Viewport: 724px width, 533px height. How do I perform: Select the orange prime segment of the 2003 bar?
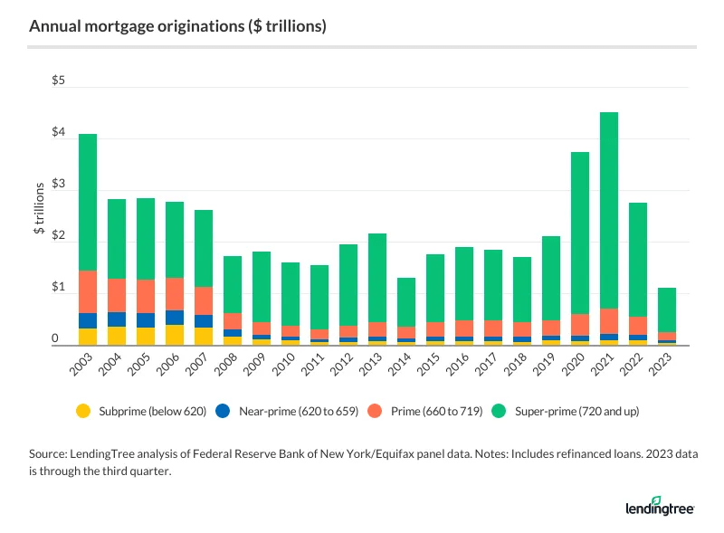click(88, 291)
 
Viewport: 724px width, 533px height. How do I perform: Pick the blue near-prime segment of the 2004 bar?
click(117, 319)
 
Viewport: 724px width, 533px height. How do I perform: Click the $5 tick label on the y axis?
click(58, 81)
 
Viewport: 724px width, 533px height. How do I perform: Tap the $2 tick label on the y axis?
click(58, 236)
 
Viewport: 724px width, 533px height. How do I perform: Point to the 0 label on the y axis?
click(55, 339)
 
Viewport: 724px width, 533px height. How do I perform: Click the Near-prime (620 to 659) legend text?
click(280, 411)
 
